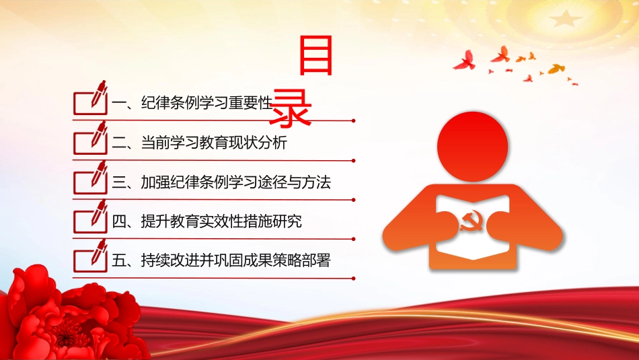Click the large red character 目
pyautogui.click(x=316, y=55)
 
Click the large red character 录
pyautogui.click(x=290, y=108)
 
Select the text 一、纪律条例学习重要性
pyautogui.click(x=192, y=103)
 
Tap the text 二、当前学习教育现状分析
pyautogui.click(x=200, y=143)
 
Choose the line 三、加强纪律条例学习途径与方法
pyautogui.click(x=221, y=182)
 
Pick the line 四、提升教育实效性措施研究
pyautogui.click(x=207, y=221)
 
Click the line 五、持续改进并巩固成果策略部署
pyautogui.click(x=221, y=260)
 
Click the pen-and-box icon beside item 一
pyautogui.click(x=91, y=98)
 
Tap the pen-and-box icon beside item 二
pyautogui.click(x=91, y=138)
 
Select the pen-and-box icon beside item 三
pyautogui.click(x=91, y=178)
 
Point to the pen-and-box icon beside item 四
pyautogui.click(x=91, y=217)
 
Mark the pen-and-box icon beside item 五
pyautogui.click(x=91, y=256)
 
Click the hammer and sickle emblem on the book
pyautogui.click(x=472, y=221)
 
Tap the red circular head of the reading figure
pyautogui.click(x=472, y=147)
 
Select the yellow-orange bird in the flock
pyautogui.click(x=556, y=69)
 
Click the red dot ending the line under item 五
pyautogui.click(x=353, y=279)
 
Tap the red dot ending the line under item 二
pyautogui.click(x=353, y=161)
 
